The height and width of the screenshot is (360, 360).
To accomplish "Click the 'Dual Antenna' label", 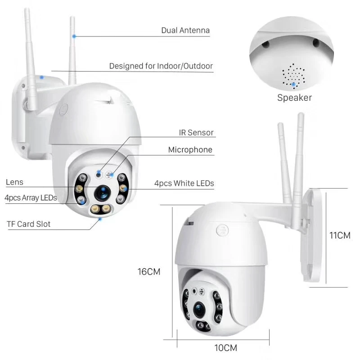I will point(185,31).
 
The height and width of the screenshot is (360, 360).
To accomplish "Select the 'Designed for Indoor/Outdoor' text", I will point(161,66).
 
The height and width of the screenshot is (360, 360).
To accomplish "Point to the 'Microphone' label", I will point(190,150).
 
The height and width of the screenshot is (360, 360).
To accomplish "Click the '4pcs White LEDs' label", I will point(184,183).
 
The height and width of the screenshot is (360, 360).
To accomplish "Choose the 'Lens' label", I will point(14,182).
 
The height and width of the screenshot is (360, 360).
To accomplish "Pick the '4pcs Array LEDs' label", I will point(31,198).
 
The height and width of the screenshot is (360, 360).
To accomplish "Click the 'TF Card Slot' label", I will point(28,224).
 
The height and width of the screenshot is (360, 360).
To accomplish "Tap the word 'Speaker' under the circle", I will point(294,98).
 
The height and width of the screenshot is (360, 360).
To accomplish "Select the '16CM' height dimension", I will point(149,271).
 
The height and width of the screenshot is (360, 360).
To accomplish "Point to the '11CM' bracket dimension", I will point(340,235).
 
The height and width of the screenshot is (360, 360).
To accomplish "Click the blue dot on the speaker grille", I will point(294,84).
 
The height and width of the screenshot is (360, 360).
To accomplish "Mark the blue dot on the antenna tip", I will point(74,36).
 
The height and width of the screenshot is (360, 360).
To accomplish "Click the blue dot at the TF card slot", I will point(100,219).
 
